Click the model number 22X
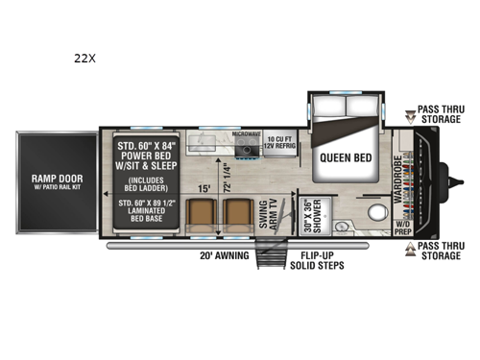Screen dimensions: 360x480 pos(84,57)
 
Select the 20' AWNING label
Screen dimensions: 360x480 pos(224,256)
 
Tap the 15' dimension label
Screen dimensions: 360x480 pos(204,189)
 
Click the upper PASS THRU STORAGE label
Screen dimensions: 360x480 pos(438,116)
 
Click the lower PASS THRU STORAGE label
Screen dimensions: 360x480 pos(438,252)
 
